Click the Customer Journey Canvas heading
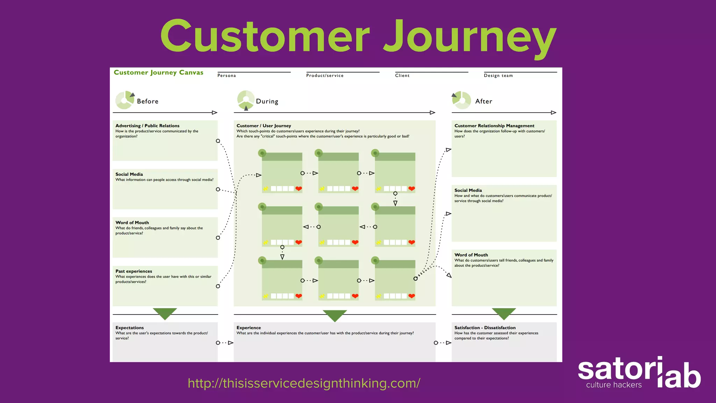pyautogui.click(x=158, y=72)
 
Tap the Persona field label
pyautogui.click(x=227, y=76)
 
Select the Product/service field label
pyautogui.click(x=325, y=76)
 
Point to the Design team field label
pyautogui.click(x=498, y=76)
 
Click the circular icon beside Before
pyautogui.click(x=125, y=100)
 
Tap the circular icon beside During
pyautogui.click(x=246, y=100)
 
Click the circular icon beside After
pyautogui.click(x=461, y=100)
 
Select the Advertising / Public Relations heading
pyautogui.click(x=147, y=126)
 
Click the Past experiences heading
pyautogui.click(x=134, y=271)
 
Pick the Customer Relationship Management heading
pyautogui.click(x=494, y=126)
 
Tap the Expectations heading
pyautogui.click(x=129, y=328)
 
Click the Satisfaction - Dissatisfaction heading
pyautogui.click(x=485, y=328)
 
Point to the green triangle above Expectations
pyautogui.click(x=165, y=313)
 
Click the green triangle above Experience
pyautogui.click(x=335, y=315)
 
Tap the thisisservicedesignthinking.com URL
pyautogui.click(x=304, y=383)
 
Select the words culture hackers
pyautogui.click(x=614, y=385)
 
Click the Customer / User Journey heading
pyautogui.click(x=264, y=126)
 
